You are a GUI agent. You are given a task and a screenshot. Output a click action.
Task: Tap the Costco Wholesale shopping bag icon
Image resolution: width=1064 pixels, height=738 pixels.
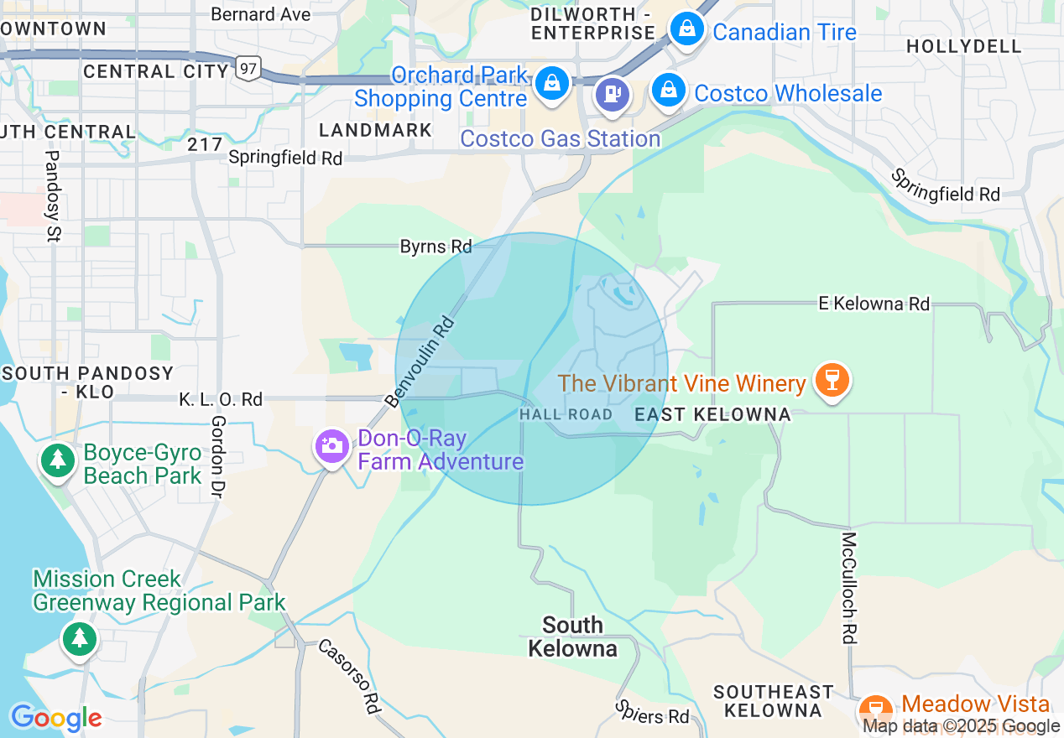coord(669,89)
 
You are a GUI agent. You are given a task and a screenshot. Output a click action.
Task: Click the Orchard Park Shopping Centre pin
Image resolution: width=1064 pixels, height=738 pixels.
coord(552,83)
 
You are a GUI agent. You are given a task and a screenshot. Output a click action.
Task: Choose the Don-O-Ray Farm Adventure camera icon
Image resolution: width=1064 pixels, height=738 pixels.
coord(332,446)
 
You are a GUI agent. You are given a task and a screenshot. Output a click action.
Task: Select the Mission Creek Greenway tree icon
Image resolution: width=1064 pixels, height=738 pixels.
coord(80,639)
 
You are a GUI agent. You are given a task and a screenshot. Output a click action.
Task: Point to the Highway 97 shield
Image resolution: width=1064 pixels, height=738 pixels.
coord(248,68)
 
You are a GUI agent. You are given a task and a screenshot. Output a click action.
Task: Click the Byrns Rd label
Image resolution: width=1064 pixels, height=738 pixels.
coord(436,247)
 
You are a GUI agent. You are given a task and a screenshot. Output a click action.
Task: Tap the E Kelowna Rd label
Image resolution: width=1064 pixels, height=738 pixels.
coord(874,304)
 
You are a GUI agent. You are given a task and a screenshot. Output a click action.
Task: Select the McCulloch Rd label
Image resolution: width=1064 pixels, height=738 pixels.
coord(849,588)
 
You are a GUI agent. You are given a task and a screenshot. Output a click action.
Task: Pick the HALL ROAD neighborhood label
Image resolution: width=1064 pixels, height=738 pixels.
coord(566,414)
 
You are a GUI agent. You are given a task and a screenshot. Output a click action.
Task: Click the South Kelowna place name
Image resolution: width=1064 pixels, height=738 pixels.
coord(572,637)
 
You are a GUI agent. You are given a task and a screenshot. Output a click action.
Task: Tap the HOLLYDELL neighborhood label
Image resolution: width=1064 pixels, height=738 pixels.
coord(964,46)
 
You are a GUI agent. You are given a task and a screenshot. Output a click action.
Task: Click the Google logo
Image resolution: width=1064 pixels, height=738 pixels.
coord(55,718)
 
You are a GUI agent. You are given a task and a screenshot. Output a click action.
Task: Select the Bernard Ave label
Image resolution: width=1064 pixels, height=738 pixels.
coord(260,14)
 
